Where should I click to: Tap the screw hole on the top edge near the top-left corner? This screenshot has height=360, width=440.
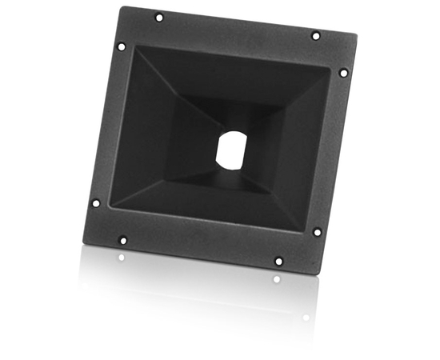[158, 17]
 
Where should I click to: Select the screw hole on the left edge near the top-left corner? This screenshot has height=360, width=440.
[122, 46]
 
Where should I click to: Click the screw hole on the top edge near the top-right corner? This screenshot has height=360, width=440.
[315, 35]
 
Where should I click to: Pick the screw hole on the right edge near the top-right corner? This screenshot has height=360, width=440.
[343, 72]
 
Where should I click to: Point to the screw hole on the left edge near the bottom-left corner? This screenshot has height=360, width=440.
[95, 202]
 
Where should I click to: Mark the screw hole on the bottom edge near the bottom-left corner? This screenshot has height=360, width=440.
[122, 239]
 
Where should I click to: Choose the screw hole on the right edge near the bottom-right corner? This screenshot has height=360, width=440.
[317, 232]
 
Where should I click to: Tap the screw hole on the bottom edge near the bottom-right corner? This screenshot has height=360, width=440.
[278, 261]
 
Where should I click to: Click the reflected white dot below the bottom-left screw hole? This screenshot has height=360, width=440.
[122, 258]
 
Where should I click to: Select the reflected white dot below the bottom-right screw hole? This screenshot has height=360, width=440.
[277, 279]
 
